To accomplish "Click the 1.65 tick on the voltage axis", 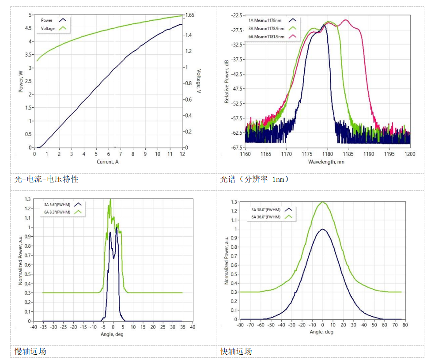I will click(x=190, y=15).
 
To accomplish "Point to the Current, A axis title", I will click(x=108, y=162).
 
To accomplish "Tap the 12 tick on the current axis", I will click(x=182, y=154).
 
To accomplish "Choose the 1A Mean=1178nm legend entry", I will click(x=265, y=20).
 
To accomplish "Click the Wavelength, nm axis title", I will click(x=327, y=162).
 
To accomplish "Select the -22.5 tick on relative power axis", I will click(x=234, y=15).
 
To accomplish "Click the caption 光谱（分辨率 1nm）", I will click(x=255, y=179).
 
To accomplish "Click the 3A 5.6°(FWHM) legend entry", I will click(x=57, y=204).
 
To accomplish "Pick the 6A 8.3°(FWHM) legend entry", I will click(x=57, y=212).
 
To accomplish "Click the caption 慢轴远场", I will click(x=30, y=352).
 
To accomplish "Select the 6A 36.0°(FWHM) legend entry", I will click(x=266, y=217).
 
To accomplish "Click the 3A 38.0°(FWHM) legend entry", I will click(x=266, y=209).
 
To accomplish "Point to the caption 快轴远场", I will click(x=236, y=352).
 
